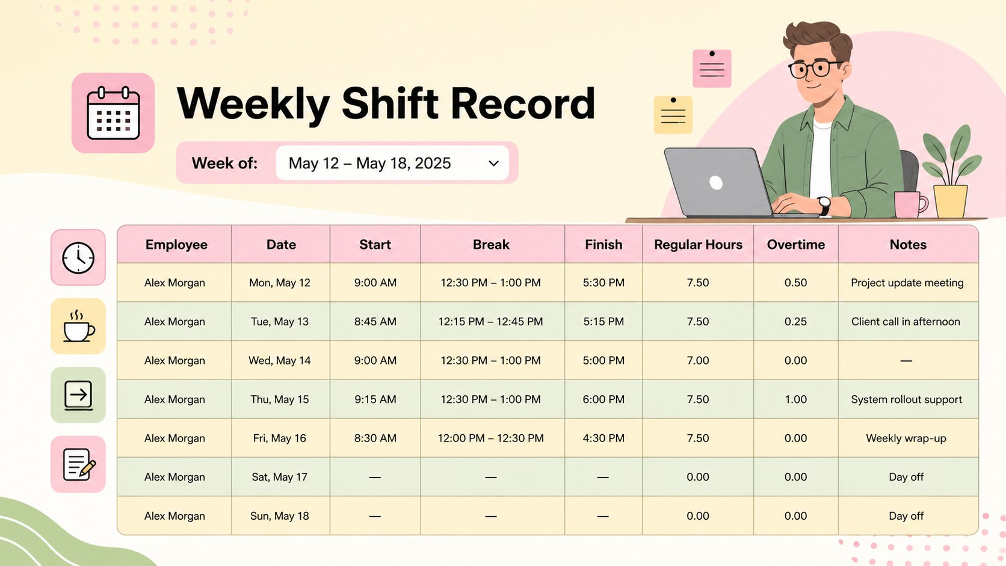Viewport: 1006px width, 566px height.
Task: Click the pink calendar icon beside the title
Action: (113, 112)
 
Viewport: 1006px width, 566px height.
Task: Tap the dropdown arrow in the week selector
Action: (493, 164)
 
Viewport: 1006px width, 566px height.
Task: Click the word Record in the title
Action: (523, 103)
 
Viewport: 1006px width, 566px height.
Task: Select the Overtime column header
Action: (796, 245)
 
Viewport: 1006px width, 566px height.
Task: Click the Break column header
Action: (491, 245)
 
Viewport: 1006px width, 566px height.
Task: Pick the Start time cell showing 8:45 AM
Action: (375, 321)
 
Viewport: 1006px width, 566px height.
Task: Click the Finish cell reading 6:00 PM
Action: (603, 399)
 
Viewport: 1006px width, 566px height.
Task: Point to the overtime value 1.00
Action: (795, 399)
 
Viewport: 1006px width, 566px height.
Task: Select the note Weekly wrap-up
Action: (906, 438)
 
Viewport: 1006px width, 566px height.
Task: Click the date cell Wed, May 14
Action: (279, 360)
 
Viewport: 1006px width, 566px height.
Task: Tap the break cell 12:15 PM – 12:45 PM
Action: (490, 321)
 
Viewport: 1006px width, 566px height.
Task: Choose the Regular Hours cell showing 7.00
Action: (697, 360)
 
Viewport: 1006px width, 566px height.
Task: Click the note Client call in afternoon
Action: (906, 321)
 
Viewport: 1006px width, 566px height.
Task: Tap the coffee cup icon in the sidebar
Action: (78, 327)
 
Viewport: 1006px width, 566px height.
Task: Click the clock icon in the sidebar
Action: (78, 257)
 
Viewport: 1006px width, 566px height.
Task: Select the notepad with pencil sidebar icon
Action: (79, 464)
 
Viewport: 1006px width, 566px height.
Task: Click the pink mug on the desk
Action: (910, 205)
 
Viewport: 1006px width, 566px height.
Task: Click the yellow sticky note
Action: (673, 115)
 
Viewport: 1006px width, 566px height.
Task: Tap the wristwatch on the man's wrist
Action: (824, 206)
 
